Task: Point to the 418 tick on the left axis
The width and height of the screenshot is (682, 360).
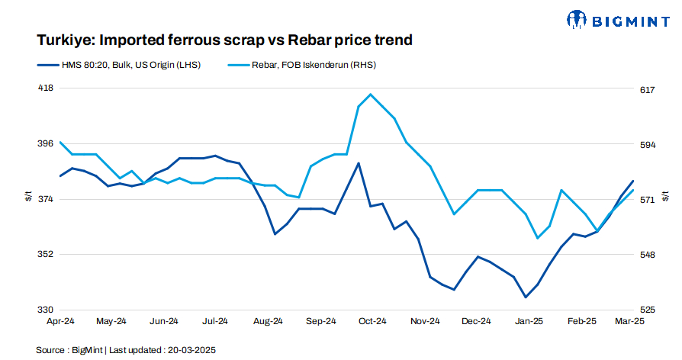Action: coord(46,88)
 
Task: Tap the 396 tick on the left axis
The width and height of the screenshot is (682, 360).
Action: coord(46,143)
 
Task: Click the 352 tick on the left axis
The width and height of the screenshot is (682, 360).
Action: coord(46,255)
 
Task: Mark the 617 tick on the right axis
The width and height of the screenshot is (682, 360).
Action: coord(647,90)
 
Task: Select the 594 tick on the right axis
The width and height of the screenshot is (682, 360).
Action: coord(647,145)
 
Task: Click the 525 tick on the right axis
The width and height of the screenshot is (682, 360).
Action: coord(647,310)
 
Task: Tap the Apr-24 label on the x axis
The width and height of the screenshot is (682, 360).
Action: coord(60,322)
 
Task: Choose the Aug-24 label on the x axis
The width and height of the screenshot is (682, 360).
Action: coord(269,322)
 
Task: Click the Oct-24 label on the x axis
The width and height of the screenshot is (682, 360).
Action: coord(373,322)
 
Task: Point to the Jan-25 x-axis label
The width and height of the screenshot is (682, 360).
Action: coord(529,322)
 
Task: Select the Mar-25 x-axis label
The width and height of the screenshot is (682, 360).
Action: coord(630,322)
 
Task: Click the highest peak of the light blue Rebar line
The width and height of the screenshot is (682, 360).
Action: coord(370,95)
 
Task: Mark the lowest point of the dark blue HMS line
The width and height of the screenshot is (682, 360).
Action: coord(526,297)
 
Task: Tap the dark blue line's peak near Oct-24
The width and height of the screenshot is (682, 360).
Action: coord(359,163)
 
